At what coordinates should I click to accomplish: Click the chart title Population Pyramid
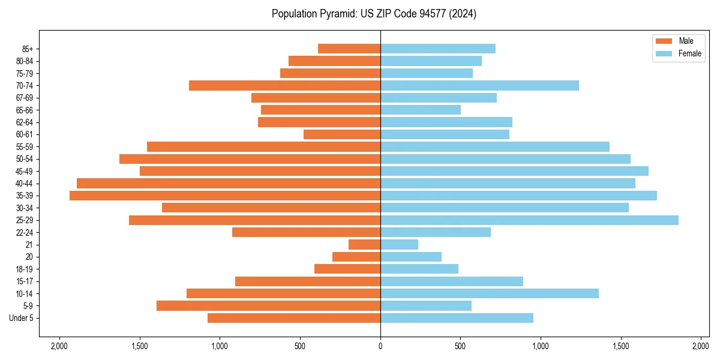(374, 14)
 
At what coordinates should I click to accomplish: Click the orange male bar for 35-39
(225, 196)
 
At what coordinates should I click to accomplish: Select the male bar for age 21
(364, 245)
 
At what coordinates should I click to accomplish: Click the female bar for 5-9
(426, 306)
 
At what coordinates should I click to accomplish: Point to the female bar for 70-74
(479, 86)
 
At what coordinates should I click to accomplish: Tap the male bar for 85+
(349, 49)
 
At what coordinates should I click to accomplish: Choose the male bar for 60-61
(342, 134)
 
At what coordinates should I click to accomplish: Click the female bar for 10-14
(490, 293)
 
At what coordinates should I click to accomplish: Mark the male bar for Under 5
(294, 318)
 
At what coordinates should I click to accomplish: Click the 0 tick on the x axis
(380, 346)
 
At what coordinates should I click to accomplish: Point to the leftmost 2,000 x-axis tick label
(59, 346)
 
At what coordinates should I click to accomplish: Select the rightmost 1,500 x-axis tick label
(621, 346)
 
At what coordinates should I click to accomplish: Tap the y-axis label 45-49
(25, 172)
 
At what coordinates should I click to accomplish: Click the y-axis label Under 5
(21, 318)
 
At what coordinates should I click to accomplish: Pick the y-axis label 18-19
(25, 269)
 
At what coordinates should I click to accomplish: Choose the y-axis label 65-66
(25, 110)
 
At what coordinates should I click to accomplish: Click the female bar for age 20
(411, 257)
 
